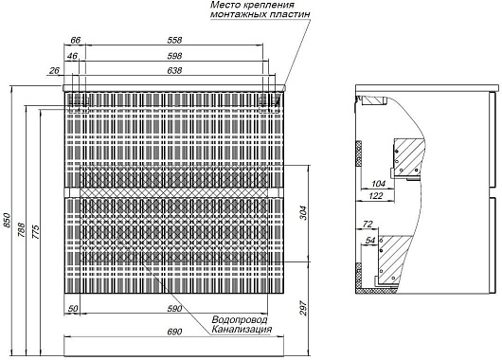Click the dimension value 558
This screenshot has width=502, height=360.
click(174, 40)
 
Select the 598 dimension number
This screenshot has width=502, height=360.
click(174, 56)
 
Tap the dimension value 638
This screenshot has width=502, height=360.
click(174, 70)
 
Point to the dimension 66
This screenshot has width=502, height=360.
click(75, 40)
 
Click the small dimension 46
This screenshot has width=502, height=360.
click(72, 56)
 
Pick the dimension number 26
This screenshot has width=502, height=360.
click(54, 70)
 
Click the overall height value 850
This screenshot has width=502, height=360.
click(7, 220)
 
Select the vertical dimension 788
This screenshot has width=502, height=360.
click(21, 230)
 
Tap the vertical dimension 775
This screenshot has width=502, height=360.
click(35, 231)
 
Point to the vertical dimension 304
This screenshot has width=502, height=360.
click(303, 213)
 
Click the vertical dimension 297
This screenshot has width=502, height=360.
click(303, 308)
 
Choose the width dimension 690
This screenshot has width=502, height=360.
click(174, 332)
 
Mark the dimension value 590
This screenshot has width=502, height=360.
click(174, 309)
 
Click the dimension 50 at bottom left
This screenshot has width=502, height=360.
click(73, 309)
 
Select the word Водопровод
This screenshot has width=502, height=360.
click(240, 319)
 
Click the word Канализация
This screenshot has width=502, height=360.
click(242, 330)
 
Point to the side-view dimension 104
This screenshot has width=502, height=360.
click(379, 184)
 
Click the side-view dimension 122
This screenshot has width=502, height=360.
click(375, 196)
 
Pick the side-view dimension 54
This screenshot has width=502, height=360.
click(370, 241)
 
